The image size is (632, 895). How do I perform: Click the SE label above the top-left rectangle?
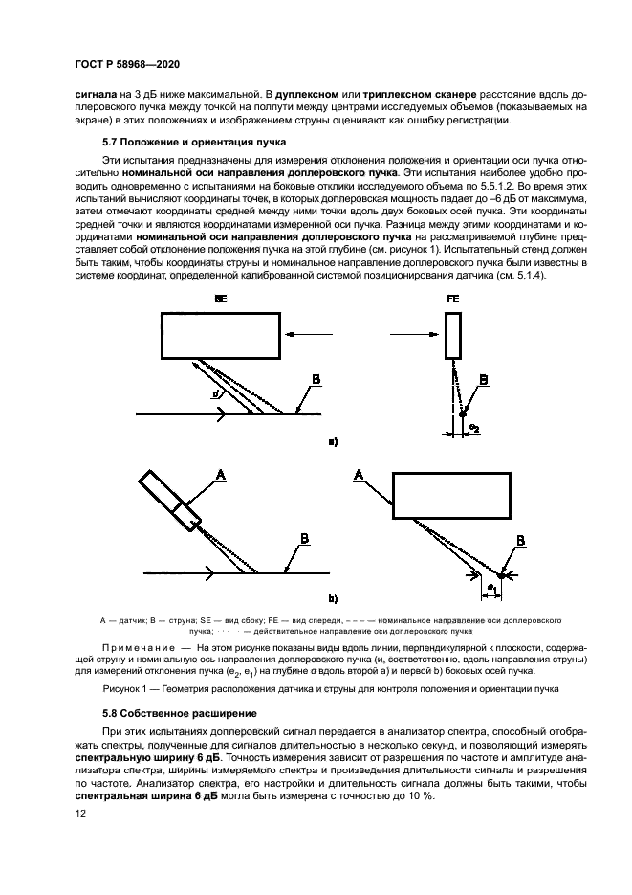pyautogui.click(x=221, y=299)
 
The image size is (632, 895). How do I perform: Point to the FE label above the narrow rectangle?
pyautogui.click(x=453, y=299)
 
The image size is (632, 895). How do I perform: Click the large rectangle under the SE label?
pyautogui.click(x=220, y=335)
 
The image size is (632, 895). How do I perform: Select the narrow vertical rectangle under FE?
pyautogui.click(x=453, y=335)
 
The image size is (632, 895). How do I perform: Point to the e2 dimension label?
pyautogui.click(x=473, y=426)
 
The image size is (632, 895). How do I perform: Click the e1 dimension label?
pyautogui.click(x=490, y=585)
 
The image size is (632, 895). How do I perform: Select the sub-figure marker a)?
pyautogui.click(x=333, y=442)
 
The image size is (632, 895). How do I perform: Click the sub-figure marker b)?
pyautogui.click(x=333, y=600)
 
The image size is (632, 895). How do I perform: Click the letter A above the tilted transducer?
pyautogui.click(x=220, y=474)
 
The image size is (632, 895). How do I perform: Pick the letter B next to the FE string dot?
pyautogui.click(x=483, y=380)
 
